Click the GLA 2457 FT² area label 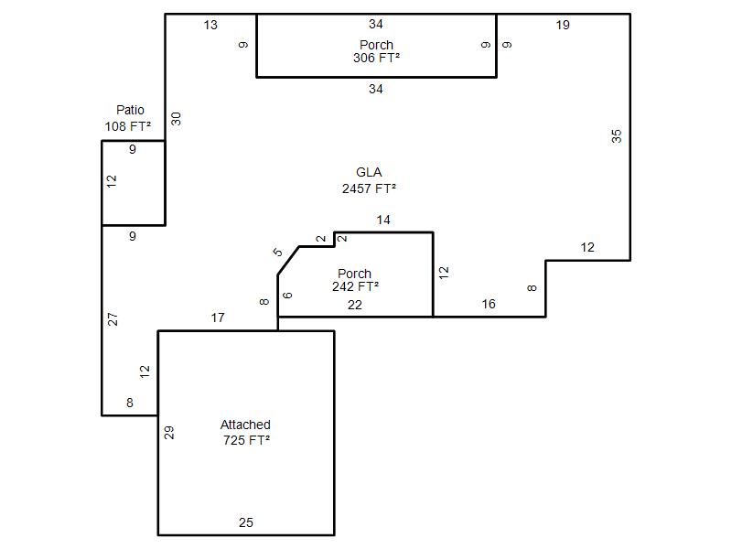pyautogui.click(x=369, y=180)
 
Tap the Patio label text pyautogui.click(x=130, y=110)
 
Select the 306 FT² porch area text pyautogui.click(x=376, y=58)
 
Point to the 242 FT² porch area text pyautogui.click(x=355, y=286)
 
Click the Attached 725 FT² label pyautogui.click(x=245, y=432)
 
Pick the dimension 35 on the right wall pyautogui.click(x=617, y=135)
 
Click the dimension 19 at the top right pyautogui.click(x=563, y=25)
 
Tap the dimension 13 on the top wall pyautogui.click(x=210, y=25)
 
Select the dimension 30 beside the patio pyautogui.click(x=177, y=118)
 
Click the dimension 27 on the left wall pyautogui.click(x=113, y=319)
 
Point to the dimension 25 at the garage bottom pyautogui.click(x=245, y=522)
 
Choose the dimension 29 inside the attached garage pyautogui.click(x=169, y=432)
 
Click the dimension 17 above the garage pyautogui.click(x=217, y=318)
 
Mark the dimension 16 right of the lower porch pyautogui.click(x=489, y=304)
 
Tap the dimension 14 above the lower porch pyautogui.click(x=383, y=220)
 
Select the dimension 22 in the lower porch pyautogui.click(x=355, y=305)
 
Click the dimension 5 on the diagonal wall pyautogui.click(x=278, y=252)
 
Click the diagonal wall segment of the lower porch pyautogui.click(x=288, y=260)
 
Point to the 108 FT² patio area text pyautogui.click(x=128, y=126)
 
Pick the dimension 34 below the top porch pyautogui.click(x=376, y=89)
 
